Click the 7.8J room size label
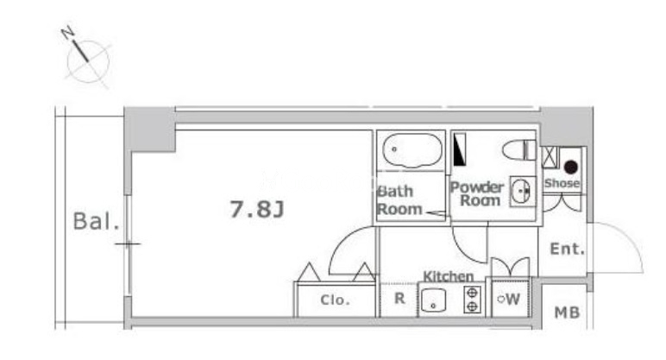tap(257, 209)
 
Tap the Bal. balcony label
tap(96, 221)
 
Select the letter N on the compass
tap(68, 33)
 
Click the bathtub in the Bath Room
tap(412, 150)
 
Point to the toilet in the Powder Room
tap(519, 150)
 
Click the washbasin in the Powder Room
tap(521, 192)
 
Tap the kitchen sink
tap(433, 300)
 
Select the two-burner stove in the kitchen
tap(472, 300)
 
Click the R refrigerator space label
tap(399, 299)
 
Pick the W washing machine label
tap(512, 300)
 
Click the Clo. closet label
tap(335, 300)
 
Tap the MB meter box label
tap(567, 313)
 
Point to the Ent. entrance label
tap(567, 249)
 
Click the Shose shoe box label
tap(562, 183)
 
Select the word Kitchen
tap(448, 277)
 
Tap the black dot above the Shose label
tap(571, 167)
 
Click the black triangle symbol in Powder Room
tap(460, 149)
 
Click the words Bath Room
tap(399, 200)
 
